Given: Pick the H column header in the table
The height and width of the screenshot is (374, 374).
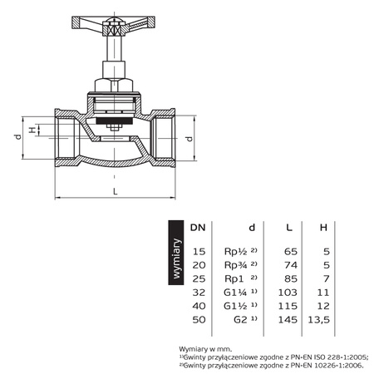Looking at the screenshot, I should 324,226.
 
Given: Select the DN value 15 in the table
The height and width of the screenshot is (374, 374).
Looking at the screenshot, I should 198,250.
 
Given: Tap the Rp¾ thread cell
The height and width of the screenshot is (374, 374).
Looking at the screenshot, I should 238,263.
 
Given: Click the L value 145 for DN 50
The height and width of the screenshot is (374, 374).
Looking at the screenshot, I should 285,318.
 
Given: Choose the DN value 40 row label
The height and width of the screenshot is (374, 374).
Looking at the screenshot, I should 198,305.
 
